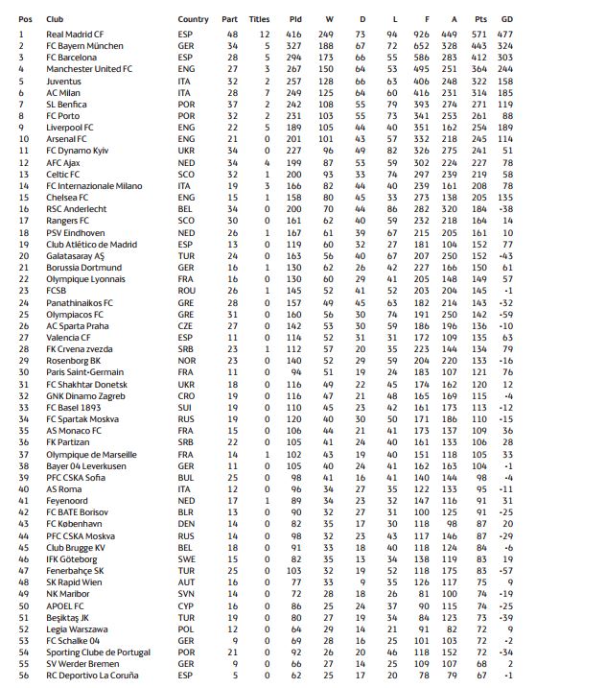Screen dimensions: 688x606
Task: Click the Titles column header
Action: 259,19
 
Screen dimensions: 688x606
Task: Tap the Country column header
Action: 193,19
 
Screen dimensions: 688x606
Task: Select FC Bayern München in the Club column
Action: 84,45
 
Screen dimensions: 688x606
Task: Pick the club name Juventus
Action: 62,81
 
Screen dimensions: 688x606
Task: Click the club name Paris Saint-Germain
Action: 83,371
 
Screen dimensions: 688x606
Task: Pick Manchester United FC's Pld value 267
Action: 295,69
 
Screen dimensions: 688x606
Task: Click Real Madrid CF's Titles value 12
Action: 266,34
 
